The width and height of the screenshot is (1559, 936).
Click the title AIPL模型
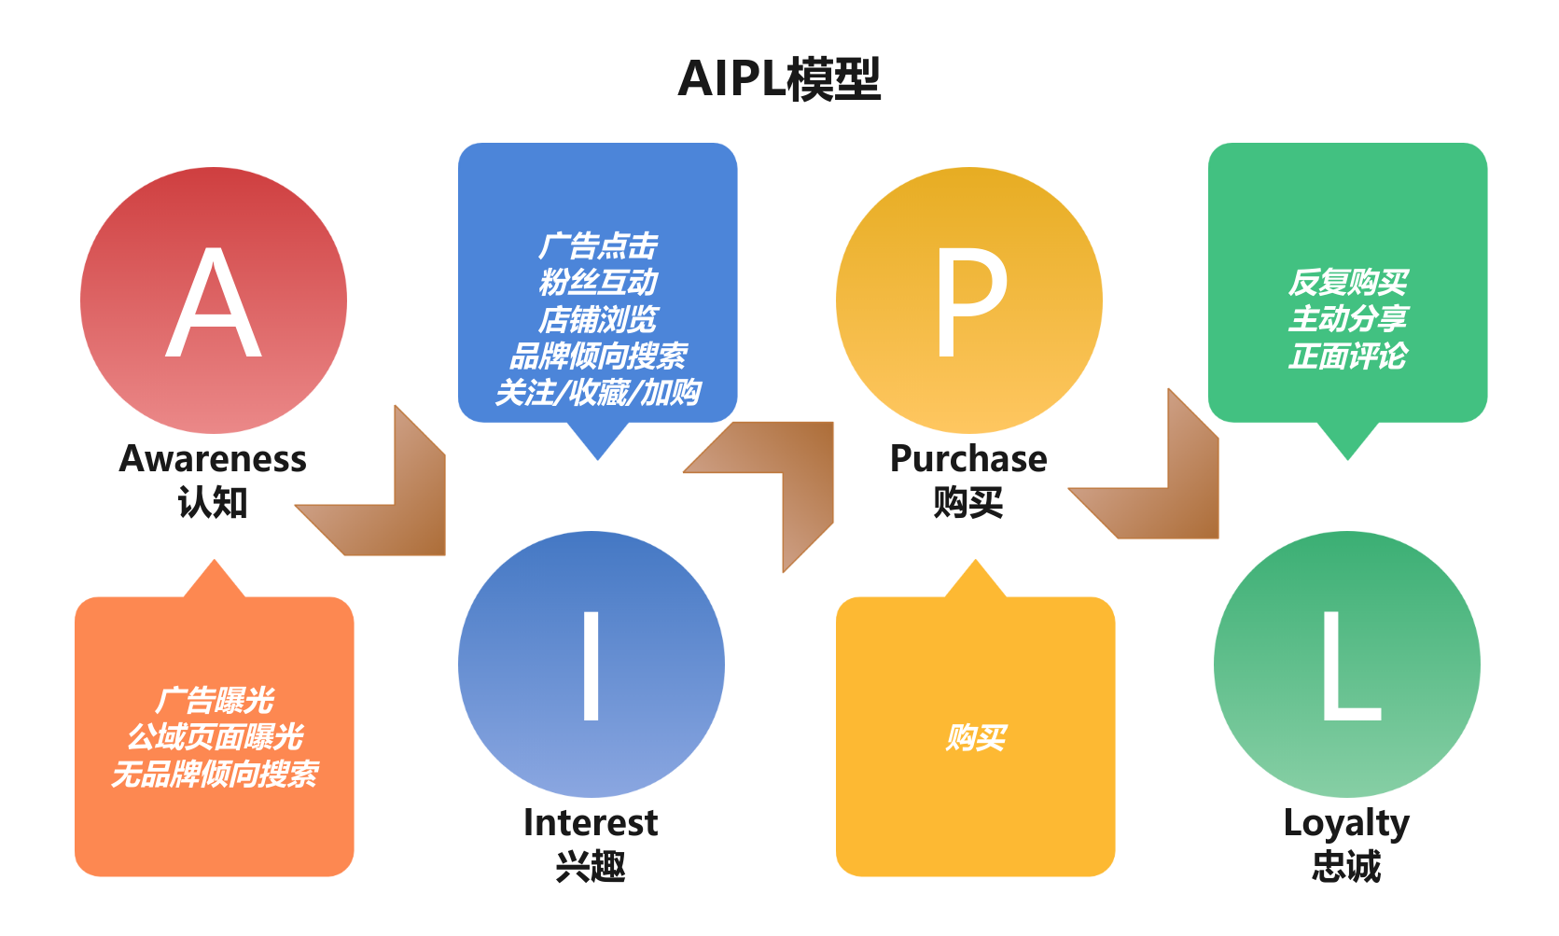[779, 79]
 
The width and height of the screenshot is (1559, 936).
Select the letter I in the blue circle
[591, 665]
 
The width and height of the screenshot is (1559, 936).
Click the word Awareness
[213, 459]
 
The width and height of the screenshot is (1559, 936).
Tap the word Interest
[591, 823]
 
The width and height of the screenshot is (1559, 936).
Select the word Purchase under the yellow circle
[968, 459]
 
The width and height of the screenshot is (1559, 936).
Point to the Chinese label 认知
[213, 503]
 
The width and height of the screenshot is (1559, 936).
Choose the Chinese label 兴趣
[591, 867]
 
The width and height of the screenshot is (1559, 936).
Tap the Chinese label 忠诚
[1346, 867]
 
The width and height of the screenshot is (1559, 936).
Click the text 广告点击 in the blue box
[598, 246]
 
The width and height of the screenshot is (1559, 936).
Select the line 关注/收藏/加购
[598, 393]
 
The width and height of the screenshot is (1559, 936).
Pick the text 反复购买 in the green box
[1348, 282]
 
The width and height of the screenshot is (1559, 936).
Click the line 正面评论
[1348, 356]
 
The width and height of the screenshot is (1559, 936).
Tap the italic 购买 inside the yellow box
[976, 738]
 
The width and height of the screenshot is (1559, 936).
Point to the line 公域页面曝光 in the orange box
[215, 737]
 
